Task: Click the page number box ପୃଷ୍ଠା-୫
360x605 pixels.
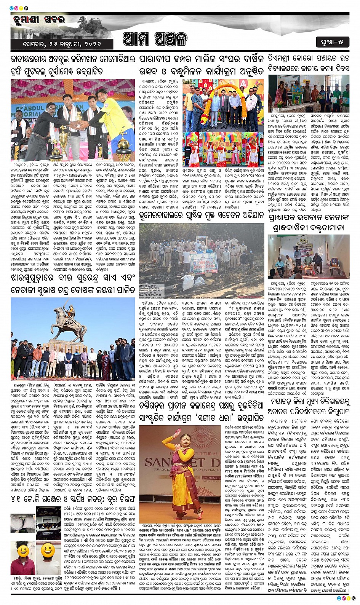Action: tap(332, 42)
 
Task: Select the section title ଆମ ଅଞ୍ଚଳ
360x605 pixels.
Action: tap(155, 39)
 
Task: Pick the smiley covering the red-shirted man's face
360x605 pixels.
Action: tap(22, 551)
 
